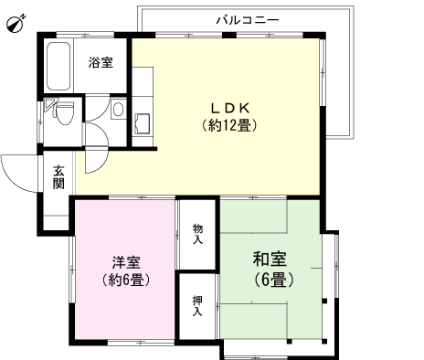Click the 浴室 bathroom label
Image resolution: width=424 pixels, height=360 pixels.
point(101,62)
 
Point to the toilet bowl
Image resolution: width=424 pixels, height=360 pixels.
point(63,113)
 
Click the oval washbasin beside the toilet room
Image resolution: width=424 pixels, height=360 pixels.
point(118,111)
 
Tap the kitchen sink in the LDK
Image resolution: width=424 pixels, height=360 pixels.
point(143,122)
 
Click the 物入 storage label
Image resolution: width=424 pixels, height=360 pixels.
point(197,234)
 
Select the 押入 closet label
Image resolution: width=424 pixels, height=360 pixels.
point(197,305)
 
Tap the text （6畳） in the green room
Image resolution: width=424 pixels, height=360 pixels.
point(269,280)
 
